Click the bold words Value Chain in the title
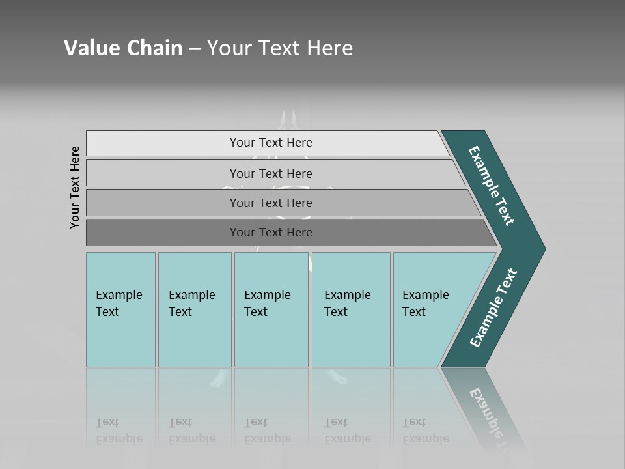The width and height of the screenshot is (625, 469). [x=123, y=48]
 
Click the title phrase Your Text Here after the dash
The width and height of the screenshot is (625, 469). [x=280, y=48]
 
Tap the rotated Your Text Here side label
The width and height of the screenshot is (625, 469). [x=75, y=187]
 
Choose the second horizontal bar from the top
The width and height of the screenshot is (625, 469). [x=270, y=173]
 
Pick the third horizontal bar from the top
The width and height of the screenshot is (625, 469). [x=270, y=203]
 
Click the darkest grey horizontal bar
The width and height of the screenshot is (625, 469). [x=270, y=233]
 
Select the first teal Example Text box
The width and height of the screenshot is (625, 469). [x=120, y=309]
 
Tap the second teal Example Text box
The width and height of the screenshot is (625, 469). [x=194, y=309]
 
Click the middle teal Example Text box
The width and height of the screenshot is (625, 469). [x=271, y=309]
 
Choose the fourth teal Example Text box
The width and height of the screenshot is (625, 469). [x=350, y=309]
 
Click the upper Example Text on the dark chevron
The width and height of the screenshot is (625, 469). [x=492, y=186]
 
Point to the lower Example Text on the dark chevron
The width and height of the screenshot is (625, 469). [x=493, y=308]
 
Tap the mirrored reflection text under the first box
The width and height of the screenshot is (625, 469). [x=118, y=431]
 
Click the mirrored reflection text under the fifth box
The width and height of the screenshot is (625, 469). [x=424, y=431]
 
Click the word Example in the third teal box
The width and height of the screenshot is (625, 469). [x=267, y=295]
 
